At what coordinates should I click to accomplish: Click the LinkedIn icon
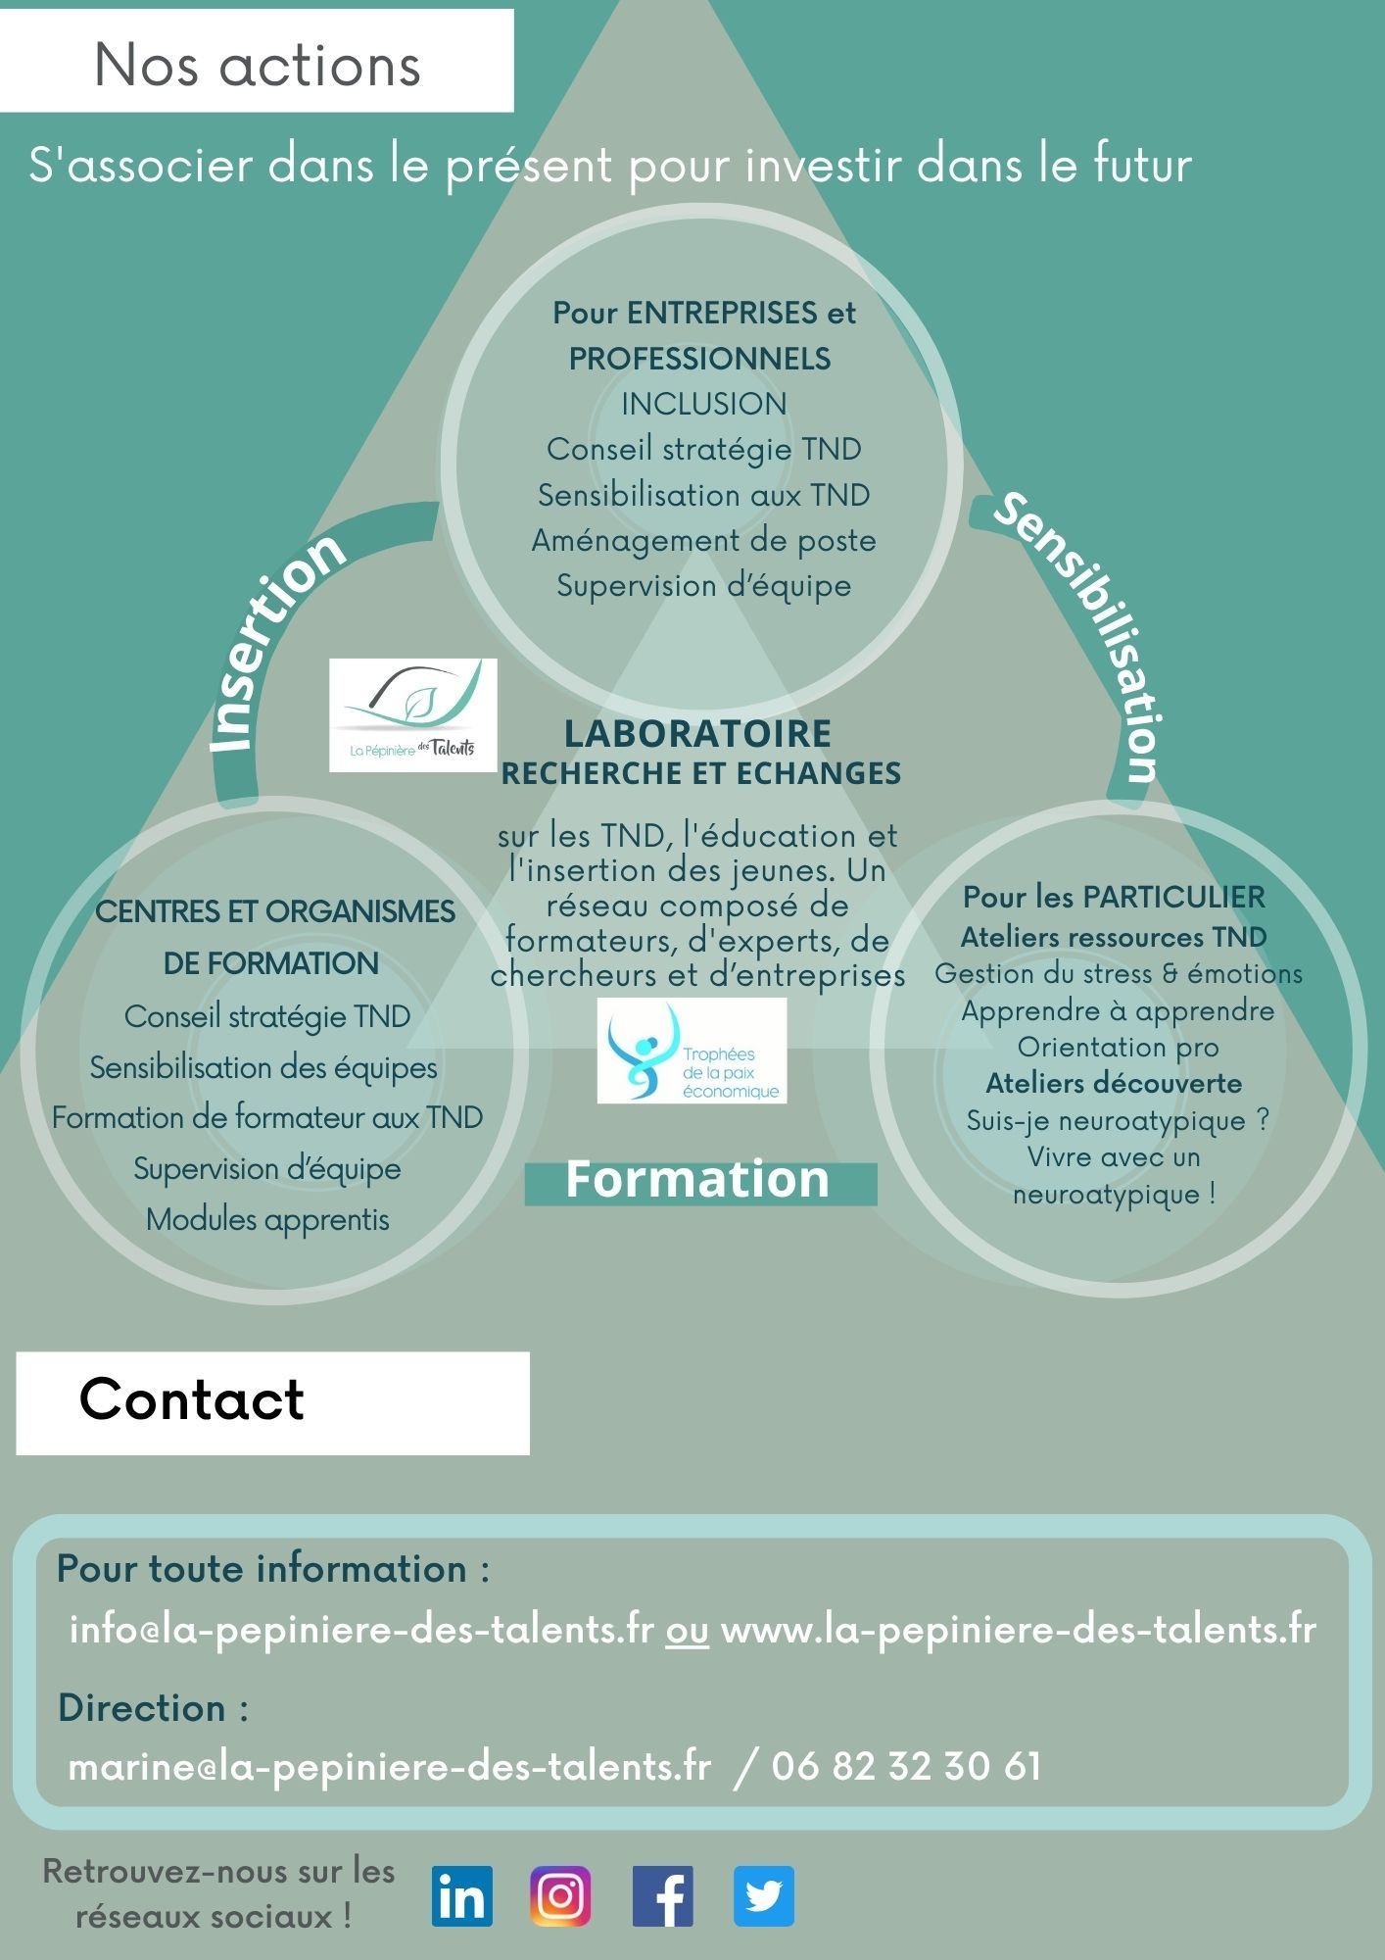pyautogui.click(x=462, y=1896)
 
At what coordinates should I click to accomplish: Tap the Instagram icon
pyautogui.click(x=560, y=1896)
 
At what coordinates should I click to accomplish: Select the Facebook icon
pyautogui.click(x=663, y=1896)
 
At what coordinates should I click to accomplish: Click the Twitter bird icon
pyautogui.click(x=764, y=1896)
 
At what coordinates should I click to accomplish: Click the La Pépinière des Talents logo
pyautogui.click(x=412, y=714)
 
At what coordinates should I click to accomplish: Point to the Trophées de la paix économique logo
pyautogui.click(x=692, y=1051)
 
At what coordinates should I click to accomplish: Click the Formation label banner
pyautogui.click(x=699, y=1180)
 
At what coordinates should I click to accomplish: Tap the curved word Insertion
pyautogui.click(x=277, y=642)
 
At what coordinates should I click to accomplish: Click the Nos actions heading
pyautogui.click(x=257, y=65)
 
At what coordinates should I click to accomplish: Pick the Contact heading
pyautogui.click(x=192, y=1399)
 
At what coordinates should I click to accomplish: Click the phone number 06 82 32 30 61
pyautogui.click(x=906, y=1766)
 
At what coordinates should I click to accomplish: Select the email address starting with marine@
pyautogui.click(x=389, y=1766)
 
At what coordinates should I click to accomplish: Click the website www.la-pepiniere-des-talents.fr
pyautogui.click(x=1018, y=1630)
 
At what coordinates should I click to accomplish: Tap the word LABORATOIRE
pyautogui.click(x=697, y=733)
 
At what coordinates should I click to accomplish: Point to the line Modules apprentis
pyautogui.click(x=267, y=1220)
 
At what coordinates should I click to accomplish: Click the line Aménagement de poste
pyautogui.click(x=703, y=540)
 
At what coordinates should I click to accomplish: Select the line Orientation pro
pyautogui.click(x=1118, y=1047)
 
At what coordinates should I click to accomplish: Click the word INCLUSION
pyautogui.click(x=703, y=403)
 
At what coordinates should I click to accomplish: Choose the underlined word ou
pyautogui.click(x=687, y=1631)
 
